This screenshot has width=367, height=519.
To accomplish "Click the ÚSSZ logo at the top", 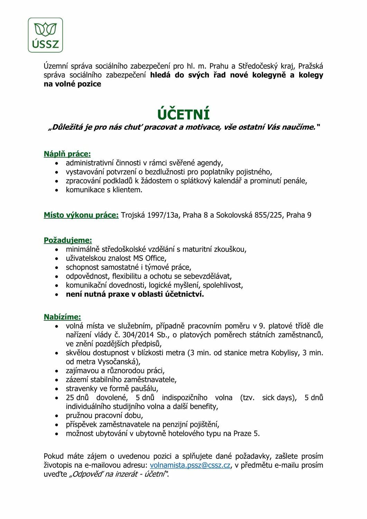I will click(x=45, y=35).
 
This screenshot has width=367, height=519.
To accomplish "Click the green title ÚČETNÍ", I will click(x=183, y=115).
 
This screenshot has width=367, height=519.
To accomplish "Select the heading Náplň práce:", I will click(x=67, y=154).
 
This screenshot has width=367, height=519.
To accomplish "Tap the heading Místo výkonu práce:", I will click(x=81, y=215).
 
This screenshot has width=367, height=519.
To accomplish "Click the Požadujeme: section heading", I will click(x=68, y=240).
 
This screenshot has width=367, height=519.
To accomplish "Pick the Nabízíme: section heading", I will click(x=62, y=317).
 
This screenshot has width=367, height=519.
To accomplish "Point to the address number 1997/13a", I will click(x=163, y=215).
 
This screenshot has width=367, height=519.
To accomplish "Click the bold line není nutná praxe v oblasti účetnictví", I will click(x=135, y=294).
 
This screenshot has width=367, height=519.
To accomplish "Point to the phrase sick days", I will click(x=278, y=398).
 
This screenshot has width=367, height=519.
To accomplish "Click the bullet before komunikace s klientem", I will click(x=57, y=190).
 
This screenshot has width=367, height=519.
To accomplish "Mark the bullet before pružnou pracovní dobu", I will click(x=57, y=416).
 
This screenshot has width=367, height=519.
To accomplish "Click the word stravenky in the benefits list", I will click(x=81, y=389).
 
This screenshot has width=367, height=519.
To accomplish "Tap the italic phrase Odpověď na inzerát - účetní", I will click(x=119, y=474).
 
